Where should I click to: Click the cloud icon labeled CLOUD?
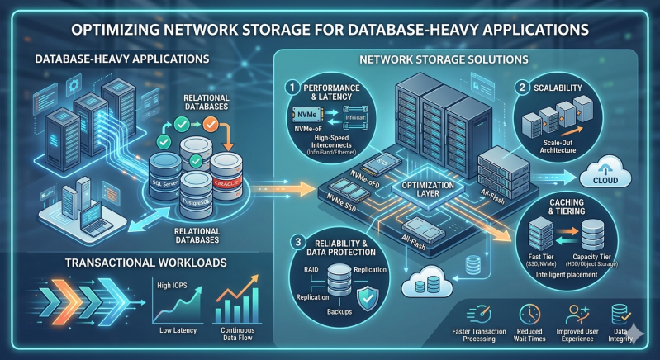click(x=606, y=175)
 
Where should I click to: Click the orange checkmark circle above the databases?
click(x=210, y=126)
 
